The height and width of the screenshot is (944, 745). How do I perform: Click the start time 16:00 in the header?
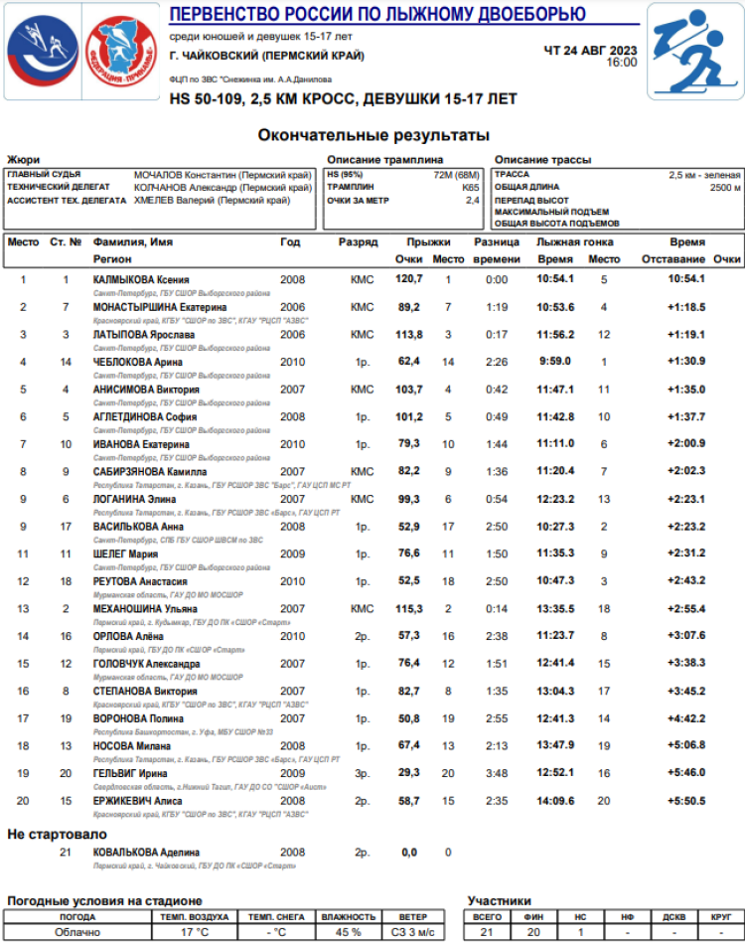click(622, 62)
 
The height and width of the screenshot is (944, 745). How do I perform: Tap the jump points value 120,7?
click(409, 279)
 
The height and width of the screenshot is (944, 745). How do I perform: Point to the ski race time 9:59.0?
click(554, 361)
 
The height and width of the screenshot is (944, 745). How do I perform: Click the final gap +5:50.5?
click(686, 800)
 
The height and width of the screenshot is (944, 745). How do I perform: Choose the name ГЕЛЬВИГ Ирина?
click(130, 773)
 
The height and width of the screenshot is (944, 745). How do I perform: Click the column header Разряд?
click(358, 242)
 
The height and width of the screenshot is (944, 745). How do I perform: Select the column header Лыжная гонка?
click(575, 242)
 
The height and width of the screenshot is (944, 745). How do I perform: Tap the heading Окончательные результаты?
click(373, 135)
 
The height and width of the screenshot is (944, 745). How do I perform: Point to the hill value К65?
click(470, 187)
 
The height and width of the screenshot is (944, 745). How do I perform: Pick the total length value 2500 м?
click(724, 187)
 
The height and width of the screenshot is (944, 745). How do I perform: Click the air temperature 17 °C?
click(194, 932)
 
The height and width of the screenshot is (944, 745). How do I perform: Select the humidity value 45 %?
click(349, 932)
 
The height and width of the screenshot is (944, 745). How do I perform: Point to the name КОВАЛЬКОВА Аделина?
click(146, 853)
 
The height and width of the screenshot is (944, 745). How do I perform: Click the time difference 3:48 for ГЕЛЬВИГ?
click(497, 773)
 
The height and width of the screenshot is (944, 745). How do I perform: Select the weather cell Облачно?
click(77, 932)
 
